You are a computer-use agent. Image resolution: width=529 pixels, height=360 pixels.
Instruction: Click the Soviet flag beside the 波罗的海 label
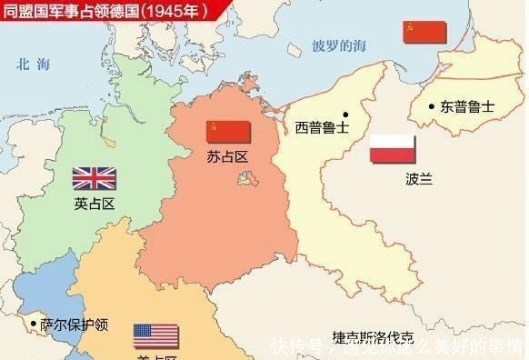click(x=425, y=33)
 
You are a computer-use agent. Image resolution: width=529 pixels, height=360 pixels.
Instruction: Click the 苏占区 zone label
click(x=227, y=157)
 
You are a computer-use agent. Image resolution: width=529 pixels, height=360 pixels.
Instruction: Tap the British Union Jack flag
click(x=95, y=178)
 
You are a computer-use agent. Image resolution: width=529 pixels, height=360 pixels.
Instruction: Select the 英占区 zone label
click(x=95, y=204)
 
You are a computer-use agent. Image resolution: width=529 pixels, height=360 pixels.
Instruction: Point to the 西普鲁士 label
click(x=321, y=127)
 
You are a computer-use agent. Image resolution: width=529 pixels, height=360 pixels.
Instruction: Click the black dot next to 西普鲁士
click(x=345, y=115)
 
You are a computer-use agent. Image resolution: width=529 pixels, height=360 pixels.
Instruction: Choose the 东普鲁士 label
click(x=467, y=106)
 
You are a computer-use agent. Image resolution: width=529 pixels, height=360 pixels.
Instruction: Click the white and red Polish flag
click(x=393, y=149)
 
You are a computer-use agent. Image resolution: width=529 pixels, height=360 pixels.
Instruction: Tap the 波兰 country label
click(x=393, y=179)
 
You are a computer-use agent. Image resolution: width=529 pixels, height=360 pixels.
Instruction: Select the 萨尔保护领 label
click(x=75, y=325)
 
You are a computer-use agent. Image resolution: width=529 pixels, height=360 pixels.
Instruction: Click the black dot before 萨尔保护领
click(x=34, y=323)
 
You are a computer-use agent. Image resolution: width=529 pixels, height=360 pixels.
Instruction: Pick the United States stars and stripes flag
click(x=156, y=335)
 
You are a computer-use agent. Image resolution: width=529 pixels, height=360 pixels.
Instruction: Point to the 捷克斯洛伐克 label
click(x=378, y=335)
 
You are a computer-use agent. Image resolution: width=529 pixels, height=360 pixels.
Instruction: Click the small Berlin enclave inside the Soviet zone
click(x=243, y=180)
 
